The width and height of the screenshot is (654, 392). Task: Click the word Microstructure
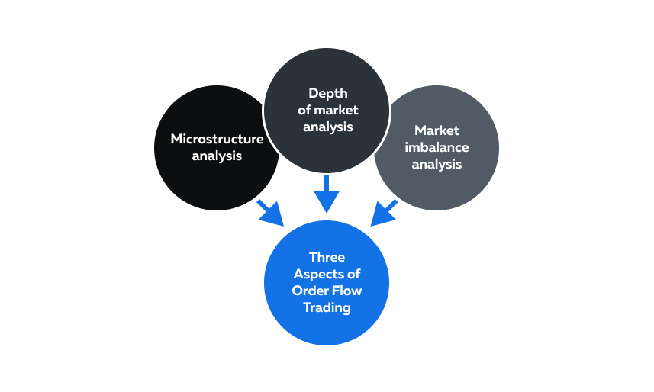click(x=217, y=139)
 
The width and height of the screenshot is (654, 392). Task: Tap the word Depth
click(x=328, y=93)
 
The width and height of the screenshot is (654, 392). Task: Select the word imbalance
click(x=437, y=147)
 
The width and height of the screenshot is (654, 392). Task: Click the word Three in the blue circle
click(x=327, y=257)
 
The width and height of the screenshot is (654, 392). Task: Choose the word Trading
click(x=327, y=308)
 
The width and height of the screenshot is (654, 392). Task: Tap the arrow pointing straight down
click(x=327, y=194)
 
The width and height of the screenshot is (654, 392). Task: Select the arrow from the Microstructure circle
click(x=270, y=213)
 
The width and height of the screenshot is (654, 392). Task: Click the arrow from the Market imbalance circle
click(x=384, y=213)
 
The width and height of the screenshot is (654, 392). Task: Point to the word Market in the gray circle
click(x=437, y=130)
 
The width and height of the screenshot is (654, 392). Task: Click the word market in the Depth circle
click(x=337, y=110)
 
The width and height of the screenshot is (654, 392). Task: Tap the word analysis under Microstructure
click(x=217, y=156)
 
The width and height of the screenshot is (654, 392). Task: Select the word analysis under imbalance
click(x=437, y=164)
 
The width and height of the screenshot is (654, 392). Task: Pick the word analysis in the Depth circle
click(x=328, y=127)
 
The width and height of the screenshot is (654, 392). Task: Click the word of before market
click(x=304, y=110)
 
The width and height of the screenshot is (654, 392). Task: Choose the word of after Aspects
click(x=353, y=274)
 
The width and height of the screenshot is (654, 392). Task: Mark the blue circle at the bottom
click(x=327, y=283)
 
